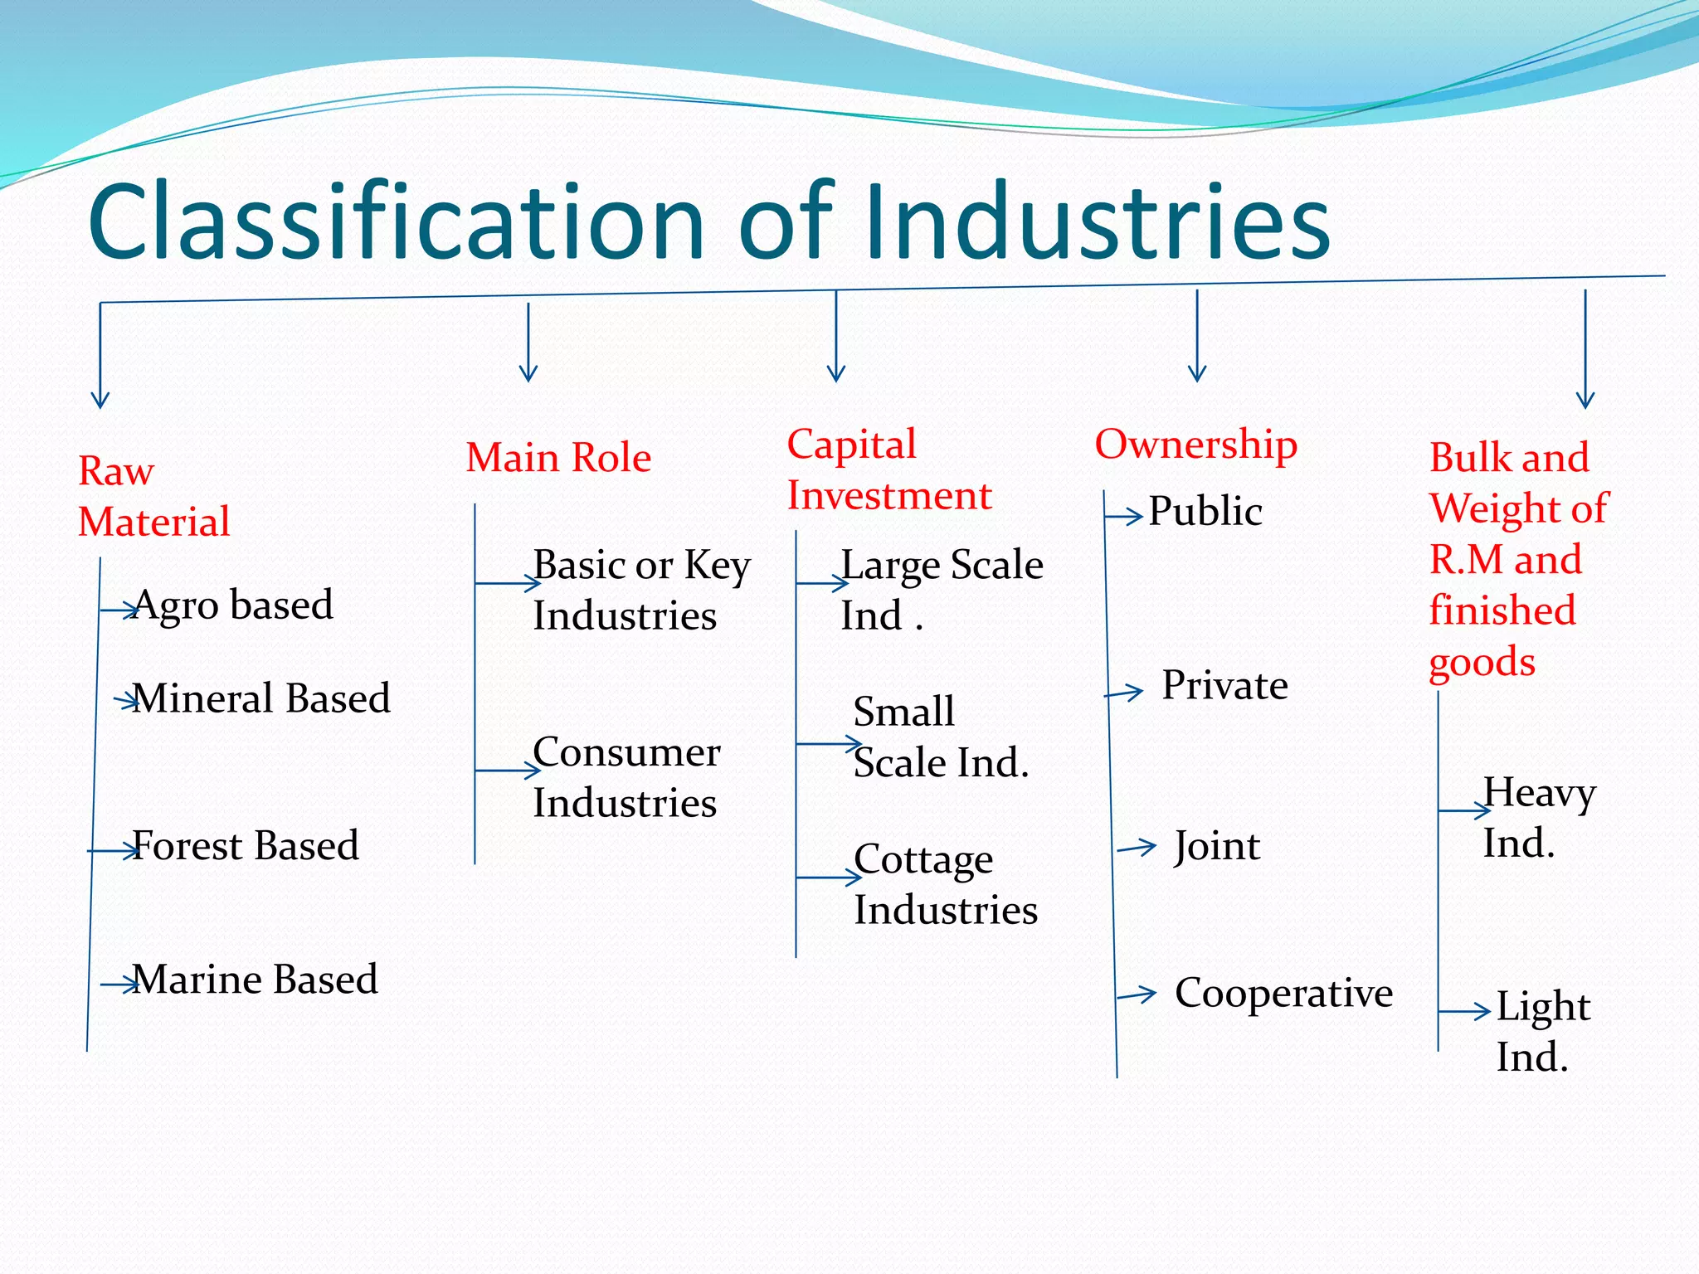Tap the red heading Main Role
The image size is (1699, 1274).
(558, 458)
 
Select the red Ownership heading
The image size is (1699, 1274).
(1195, 445)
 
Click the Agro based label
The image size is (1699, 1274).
(232, 605)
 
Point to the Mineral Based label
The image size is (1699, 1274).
(260, 698)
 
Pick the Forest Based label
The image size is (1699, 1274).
(245, 846)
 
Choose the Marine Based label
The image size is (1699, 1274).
(255, 980)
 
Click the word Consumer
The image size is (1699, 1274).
(626, 752)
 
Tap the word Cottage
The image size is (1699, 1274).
(923, 860)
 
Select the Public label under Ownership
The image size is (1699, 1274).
(1205, 511)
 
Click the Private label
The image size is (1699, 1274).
(1224, 686)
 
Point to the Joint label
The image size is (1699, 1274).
(1217, 847)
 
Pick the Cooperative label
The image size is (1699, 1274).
(1283, 994)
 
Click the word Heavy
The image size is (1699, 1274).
(1539, 794)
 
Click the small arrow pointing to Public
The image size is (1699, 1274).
(1126, 518)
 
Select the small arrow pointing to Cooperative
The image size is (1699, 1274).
(1137, 994)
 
